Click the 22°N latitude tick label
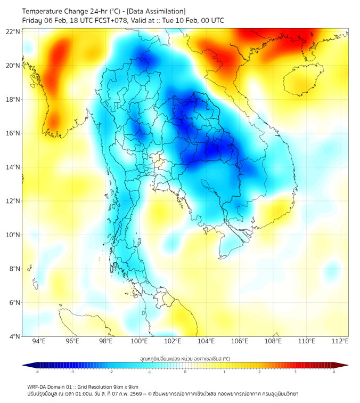(13, 31)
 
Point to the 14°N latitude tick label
(13, 167)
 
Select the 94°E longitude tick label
(39, 341)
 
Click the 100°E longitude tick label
(140, 341)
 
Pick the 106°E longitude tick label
(240, 341)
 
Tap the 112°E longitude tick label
(340, 341)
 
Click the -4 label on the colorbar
(37, 372)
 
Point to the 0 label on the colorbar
(185, 372)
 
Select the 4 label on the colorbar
(334, 372)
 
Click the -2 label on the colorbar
(111, 372)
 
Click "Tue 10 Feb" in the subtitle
(178, 21)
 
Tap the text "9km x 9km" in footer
(125, 386)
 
